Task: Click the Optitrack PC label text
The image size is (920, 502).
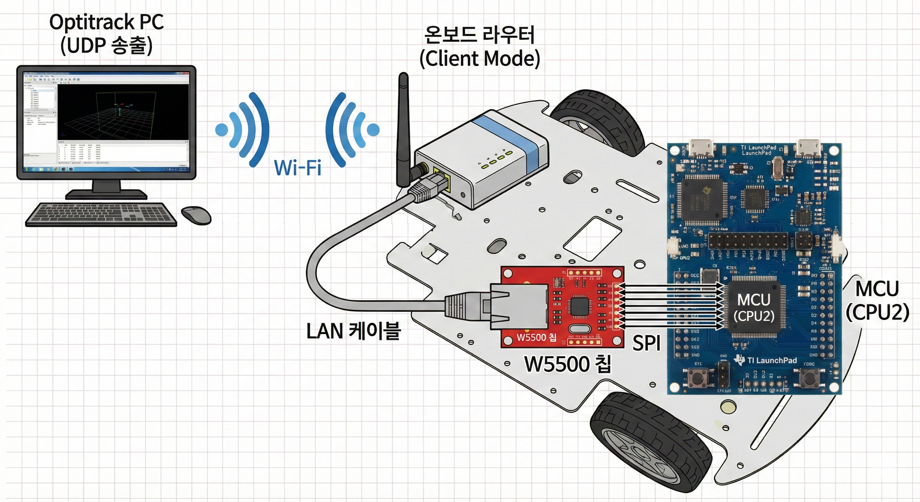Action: (107, 22)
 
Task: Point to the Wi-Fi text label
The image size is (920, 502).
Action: (298, 168)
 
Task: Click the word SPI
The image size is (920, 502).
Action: (647, 343)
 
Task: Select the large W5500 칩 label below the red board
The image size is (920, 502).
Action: (567, 364)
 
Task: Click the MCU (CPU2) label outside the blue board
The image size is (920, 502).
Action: (877, 306)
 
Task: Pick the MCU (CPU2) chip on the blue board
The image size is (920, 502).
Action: (754, 307)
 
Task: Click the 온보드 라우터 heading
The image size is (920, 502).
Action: (479, 35)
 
